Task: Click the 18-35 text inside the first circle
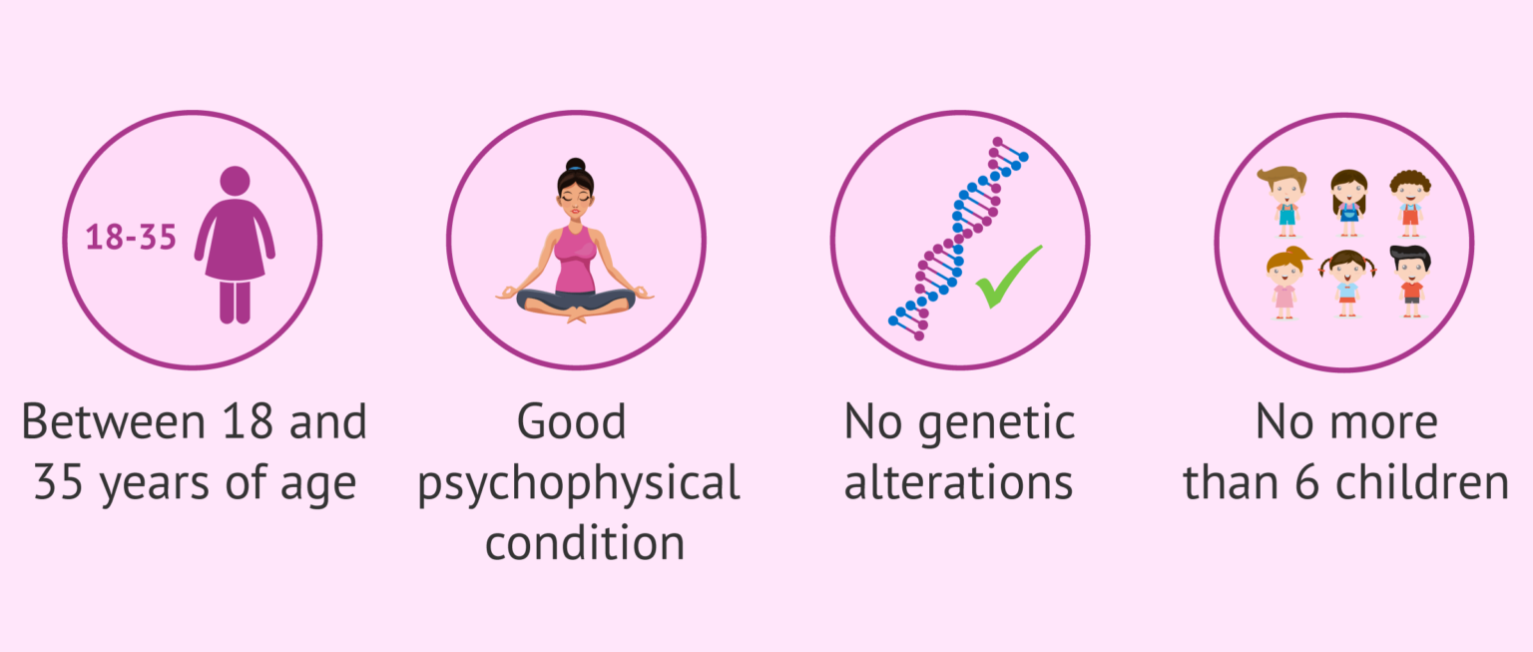coord(131,239)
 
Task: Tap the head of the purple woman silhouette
coord(235,181)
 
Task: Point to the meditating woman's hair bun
coord(576,165)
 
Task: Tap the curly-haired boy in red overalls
coord(1410,201)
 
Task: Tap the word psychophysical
coord(579,484)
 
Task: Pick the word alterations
coord(958,483)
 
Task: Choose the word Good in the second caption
coord(572,422)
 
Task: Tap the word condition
coord(585,543)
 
